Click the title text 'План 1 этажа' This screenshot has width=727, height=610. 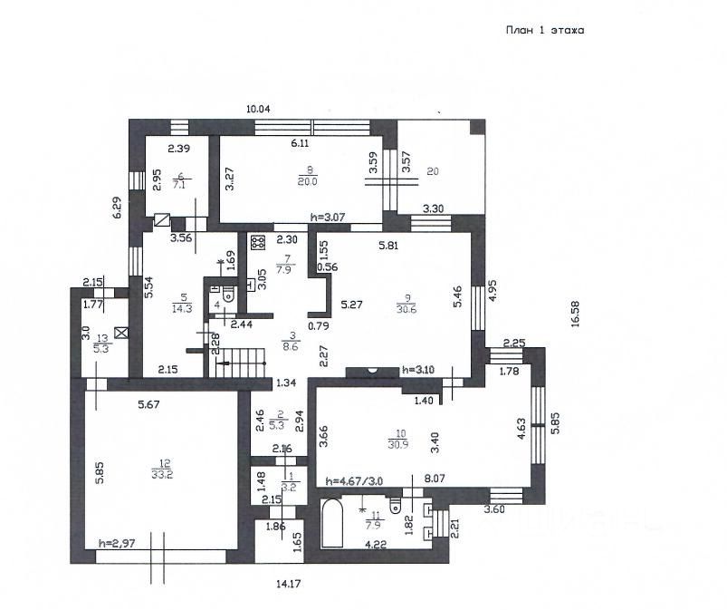click(x=544, y=30)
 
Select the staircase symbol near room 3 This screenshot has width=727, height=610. click(x=240, y=365)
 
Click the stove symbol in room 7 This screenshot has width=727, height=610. click(x=256, y=243)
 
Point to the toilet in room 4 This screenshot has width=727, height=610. click(x=226, y=292)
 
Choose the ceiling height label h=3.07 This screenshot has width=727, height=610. click(x=328, y=217)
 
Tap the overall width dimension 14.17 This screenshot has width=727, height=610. click(x=287, y=585)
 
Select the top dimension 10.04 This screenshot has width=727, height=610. click(x=259, y=109)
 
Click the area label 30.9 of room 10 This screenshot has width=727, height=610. click(x=395, y=444)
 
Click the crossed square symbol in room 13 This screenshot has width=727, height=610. click(x=120, y=332)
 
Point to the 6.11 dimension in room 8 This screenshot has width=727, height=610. click(x=300, y=143)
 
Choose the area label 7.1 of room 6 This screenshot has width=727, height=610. click(x=180, y=184)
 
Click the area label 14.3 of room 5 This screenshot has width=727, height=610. click(x=183, y=307)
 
